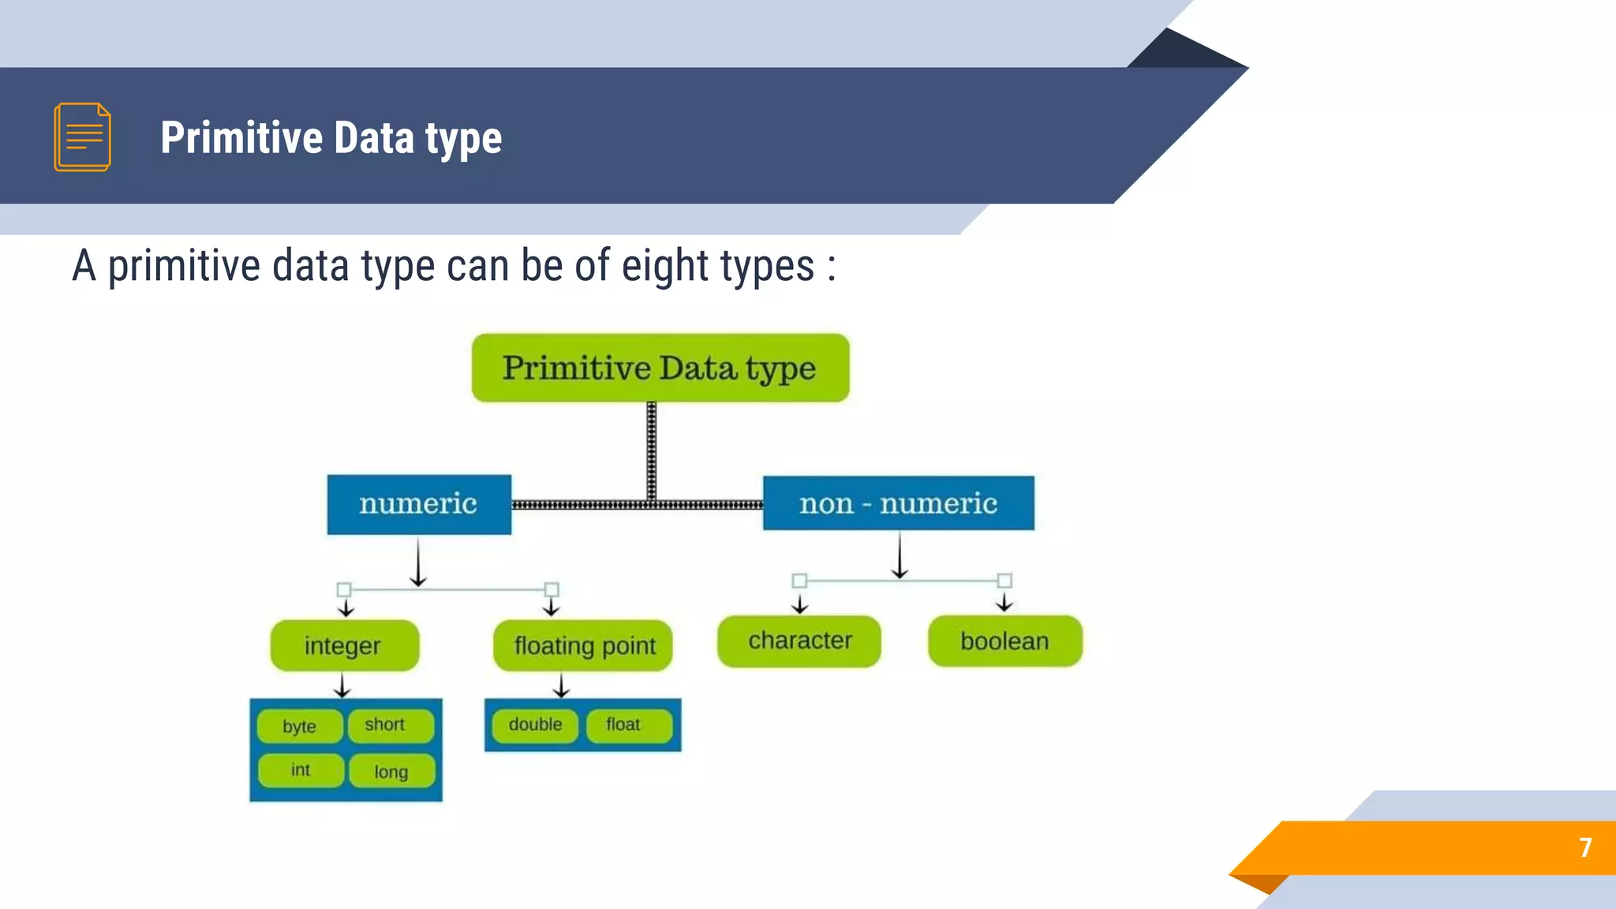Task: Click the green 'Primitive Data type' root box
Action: (660, 368)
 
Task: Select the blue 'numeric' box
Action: (419, 504)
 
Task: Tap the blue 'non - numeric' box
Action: (898, 503)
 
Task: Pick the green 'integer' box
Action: (344, 645)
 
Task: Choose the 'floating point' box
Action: (583, 645)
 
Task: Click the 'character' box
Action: (799, 641)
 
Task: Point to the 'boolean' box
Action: (1004, 641)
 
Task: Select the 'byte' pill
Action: (300, 726)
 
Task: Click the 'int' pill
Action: (301, 770)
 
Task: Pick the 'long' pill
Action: (391, 771)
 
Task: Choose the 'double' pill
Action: (535, 725)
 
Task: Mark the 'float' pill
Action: (628, 725)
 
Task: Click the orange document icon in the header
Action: (82, 137)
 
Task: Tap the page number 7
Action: (1585, 847)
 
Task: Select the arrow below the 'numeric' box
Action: (418, 562)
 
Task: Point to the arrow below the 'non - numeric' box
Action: (900, 555)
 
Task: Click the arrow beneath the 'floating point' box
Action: (561, 685)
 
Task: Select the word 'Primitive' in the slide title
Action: (241, 138)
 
